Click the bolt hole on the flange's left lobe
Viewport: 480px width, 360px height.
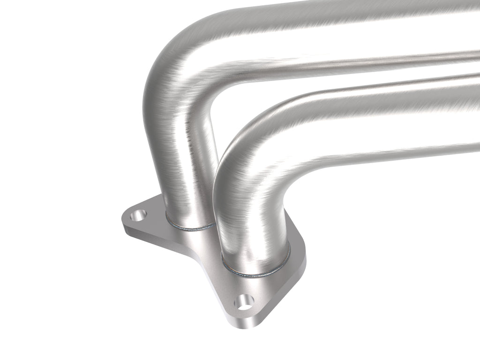(x=139, y=216)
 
